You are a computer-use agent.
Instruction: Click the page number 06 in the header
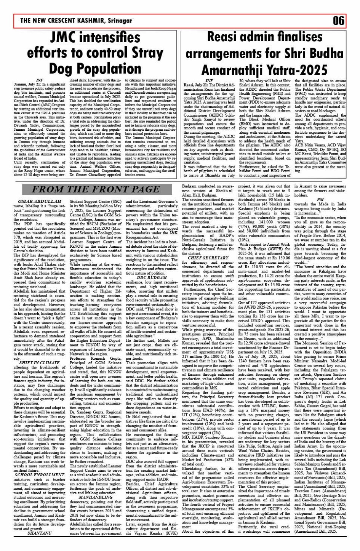339,21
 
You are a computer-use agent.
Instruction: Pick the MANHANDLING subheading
95,497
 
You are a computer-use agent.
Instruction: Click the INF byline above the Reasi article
209,80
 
